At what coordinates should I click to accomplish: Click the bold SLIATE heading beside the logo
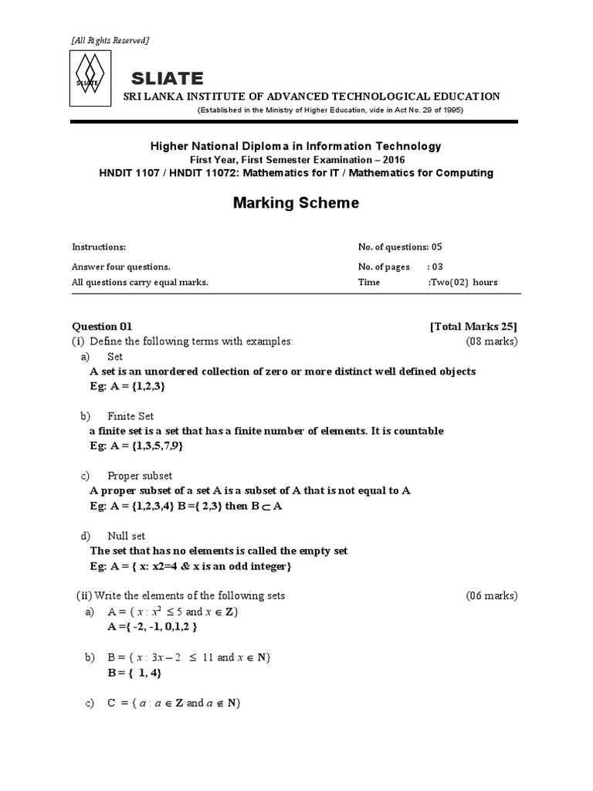pyautogui.click(x=168, y=78)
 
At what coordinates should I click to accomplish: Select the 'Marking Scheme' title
pyautogui.click(x=296, y=203)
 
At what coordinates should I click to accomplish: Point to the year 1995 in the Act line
pyautogui.click(x=451, y=110)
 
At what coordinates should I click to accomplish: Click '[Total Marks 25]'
pyautogui.click(x=473, y=326)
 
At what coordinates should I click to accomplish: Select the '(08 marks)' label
pyautogui.click(x=491, y=341)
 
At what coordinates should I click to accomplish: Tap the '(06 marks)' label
pyautogui.click(x=491, y=596)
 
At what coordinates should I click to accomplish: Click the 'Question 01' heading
pyautogui.click(x=107, y=326)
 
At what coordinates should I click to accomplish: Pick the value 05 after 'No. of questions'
pyautogui.click(x=436, y=247)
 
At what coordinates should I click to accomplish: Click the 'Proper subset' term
pyautogui.click(x=140, y=476)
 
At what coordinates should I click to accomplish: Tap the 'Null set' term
pyautogui.click(x=127, y=536)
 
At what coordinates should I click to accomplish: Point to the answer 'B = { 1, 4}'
pyautogui.click(x=136, y=672)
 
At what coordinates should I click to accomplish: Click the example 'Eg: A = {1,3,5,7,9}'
pyautogui.click(x=136, y=446)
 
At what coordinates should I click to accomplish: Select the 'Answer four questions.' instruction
pyautogui.click(x=121, y=266)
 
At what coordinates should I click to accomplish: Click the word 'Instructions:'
pyautogui.click(x=99, y=247)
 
